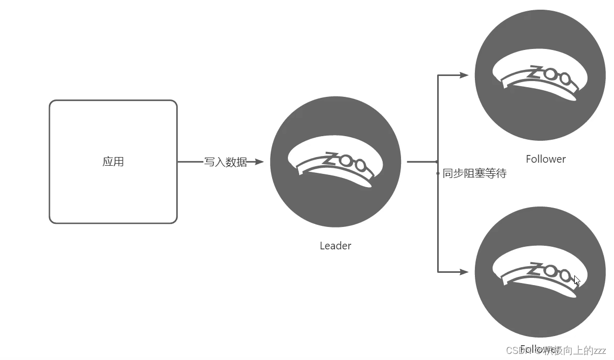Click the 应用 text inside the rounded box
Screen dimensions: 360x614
pyautogui.click(x=113, y=162)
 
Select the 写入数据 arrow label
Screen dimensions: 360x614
pyautogui.click(x=226, y=162)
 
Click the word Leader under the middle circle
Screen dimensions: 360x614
pyautogui.click(x=335, y=246)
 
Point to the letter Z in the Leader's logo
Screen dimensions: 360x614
pyautogui.click(x=332, y=158)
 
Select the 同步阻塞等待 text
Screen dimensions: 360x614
pyautogui.click(x=474, y=173)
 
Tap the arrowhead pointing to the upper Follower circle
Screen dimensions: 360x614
pyautogui.click(x=464, y=75)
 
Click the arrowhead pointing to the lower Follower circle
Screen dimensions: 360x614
pyautogui.click(x=464, y=272)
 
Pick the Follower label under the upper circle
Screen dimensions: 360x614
pyautogui.click(x=546, y=159)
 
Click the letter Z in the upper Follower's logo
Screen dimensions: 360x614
pyautogui.click(x=537, y=71)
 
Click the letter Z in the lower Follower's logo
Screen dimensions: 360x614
pyautogui.click(x=537, y=268)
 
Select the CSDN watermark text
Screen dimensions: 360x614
pyautogui.click(x=515, y=350)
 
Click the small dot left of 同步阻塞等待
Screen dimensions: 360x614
pyautogui.click(x=438, y=173)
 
